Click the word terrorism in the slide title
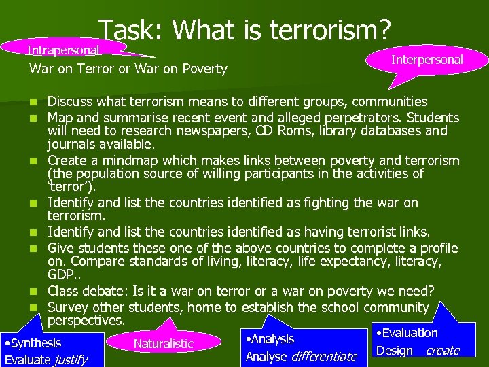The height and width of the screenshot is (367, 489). (330, 30)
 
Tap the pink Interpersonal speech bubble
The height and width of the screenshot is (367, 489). (427, 60)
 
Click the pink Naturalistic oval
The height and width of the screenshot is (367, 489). (164, 343)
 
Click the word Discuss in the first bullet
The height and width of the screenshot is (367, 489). (69, 102)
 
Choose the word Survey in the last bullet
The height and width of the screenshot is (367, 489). (70, 307)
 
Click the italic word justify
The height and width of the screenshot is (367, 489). (71, 360)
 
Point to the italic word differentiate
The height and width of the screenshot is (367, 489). (323, 356)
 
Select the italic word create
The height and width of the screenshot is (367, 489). (442, 351)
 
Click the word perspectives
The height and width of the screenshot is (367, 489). (86, 319)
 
